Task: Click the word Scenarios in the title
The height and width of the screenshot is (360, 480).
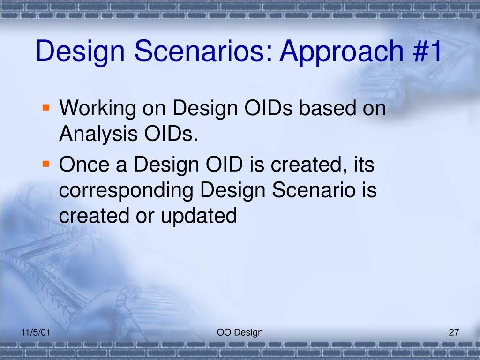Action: point(203,51)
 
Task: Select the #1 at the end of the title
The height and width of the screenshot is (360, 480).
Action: point(427,51)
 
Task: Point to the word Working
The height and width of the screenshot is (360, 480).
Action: point(97,109)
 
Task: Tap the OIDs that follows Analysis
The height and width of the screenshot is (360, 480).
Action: point(171,134)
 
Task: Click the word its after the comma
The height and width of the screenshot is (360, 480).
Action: point(364,164)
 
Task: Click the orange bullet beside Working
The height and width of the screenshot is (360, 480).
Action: point(46,107)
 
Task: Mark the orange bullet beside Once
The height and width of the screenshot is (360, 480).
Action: point(46,164)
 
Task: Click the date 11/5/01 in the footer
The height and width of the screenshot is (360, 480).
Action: point(36,332)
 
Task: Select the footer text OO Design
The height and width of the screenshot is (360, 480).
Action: point(240,333)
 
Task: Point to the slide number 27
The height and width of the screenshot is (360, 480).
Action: point(454,332)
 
